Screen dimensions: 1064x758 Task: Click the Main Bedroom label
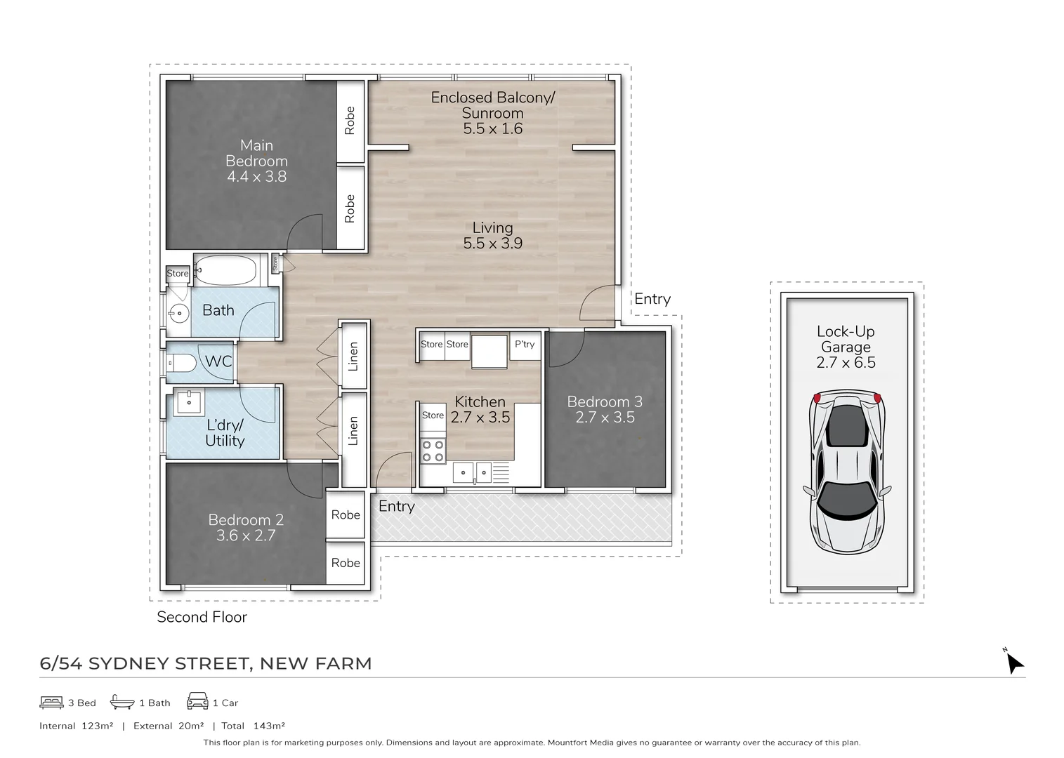[x=256, y=153]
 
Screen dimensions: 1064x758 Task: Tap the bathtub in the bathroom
[x=225, y=270]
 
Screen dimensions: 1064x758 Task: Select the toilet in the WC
[x=182, y=363]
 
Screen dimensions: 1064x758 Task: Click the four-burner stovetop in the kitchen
[x=433, y=451]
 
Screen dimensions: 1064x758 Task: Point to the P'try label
[x=525, y=344]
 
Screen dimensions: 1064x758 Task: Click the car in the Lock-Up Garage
[x=846, y=472]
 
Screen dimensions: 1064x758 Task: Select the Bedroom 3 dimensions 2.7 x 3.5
[x=605, y=417]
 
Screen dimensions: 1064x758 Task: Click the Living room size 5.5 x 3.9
[x=492, y=243]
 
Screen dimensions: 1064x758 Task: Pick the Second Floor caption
[x=202, y=616]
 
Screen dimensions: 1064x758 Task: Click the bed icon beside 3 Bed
[x=51, y=702]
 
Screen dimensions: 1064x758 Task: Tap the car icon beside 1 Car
[x=197, y=700]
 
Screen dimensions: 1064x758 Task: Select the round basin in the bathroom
[x=179, y=313]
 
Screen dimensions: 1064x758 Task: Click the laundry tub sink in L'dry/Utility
[x=189, y=402]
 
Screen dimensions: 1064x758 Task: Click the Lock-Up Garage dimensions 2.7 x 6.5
[x=846, y=363]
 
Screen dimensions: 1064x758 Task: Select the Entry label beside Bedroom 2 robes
[x=397, y=507]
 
